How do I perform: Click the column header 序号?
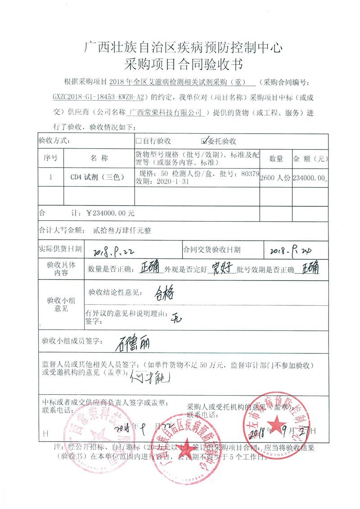50,158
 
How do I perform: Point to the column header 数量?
275,158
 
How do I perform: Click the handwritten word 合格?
157,293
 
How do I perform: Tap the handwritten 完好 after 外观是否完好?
222,269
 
